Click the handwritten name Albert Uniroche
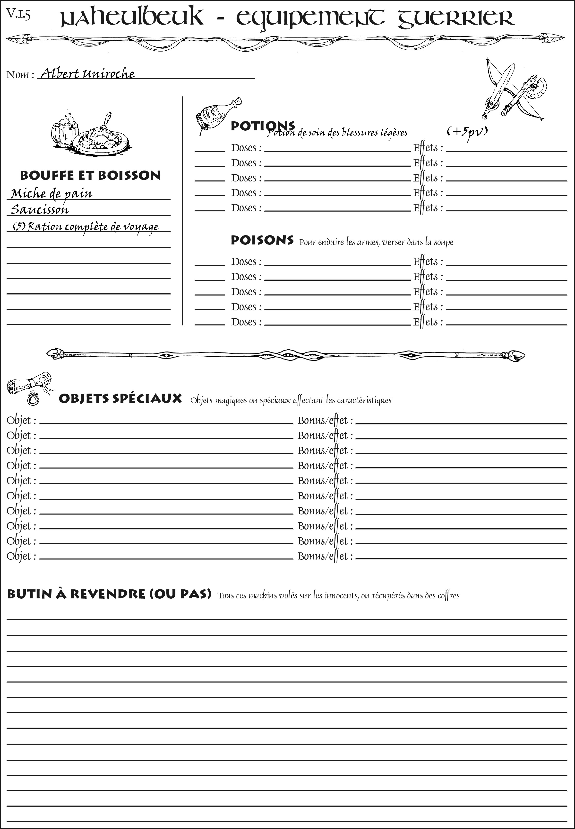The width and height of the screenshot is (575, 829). click(x=87, y=74)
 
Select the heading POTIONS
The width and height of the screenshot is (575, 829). click(x=263, y=126)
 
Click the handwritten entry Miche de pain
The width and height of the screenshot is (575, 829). click(x=51, y=194)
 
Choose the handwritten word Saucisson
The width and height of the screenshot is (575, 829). click(x=40, y=210)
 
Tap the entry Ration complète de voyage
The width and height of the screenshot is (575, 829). click(x=86, y=226)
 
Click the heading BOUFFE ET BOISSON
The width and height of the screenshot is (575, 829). click(x=90, y=175)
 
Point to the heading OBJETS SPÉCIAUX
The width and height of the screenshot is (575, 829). click(x=120, y=399)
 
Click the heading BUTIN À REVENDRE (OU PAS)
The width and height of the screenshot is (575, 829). click(x=109, y=594)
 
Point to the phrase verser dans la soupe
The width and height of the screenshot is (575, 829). click(x=418, y=242)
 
